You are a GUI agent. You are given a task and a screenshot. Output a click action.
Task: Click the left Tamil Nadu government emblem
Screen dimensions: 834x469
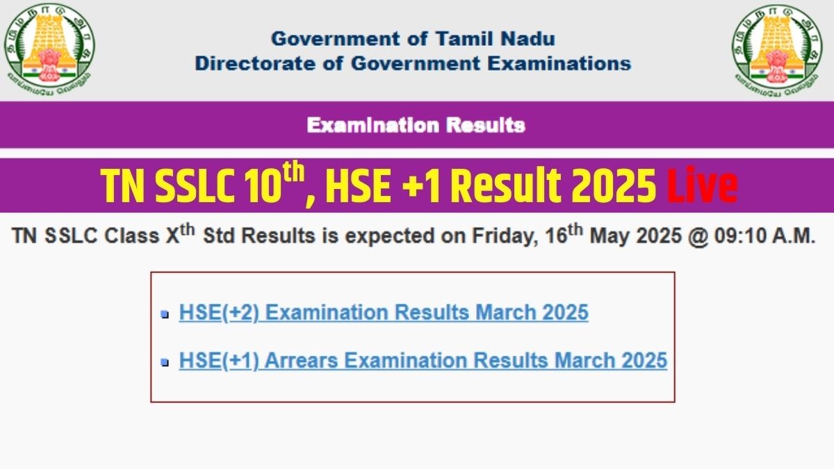point(49,50)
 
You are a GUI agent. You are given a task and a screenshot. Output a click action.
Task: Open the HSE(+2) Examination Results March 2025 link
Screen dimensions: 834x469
point(384,312)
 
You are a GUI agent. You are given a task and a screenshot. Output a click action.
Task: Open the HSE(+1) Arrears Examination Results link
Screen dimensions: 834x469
point(423,361)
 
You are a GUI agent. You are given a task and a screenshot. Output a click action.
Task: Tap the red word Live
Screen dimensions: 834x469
point(702,185)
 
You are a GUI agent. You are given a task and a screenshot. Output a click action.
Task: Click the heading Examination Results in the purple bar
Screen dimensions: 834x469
point(416,125)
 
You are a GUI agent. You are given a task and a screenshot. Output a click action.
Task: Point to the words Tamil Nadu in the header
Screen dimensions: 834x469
point(495,39)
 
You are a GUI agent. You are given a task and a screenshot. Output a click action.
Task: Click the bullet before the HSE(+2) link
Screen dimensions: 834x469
point(165,315)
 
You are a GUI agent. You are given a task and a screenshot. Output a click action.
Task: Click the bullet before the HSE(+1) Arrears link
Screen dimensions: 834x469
point(165,362)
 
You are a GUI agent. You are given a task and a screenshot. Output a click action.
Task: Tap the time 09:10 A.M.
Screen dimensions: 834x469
point(764,236)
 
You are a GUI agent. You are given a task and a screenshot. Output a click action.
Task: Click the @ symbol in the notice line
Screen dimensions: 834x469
point(698,237)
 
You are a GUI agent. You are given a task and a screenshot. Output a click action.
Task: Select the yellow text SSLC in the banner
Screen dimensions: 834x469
point(195,186)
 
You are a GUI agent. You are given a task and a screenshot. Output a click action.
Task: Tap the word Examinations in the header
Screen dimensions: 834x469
point(559,63)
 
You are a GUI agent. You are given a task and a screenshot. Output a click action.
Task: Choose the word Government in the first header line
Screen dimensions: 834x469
point(330,39)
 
